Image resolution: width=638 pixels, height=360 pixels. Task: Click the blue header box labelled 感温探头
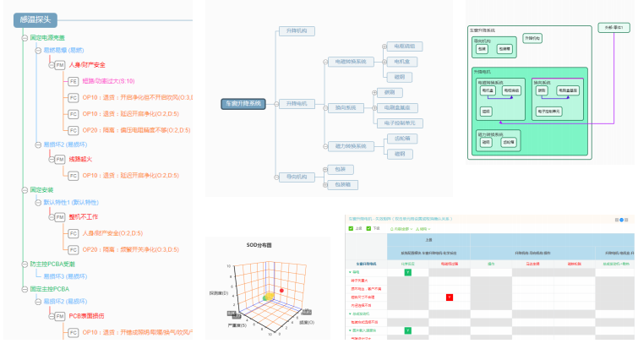35,20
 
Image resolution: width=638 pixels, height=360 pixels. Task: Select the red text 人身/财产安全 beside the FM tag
87,64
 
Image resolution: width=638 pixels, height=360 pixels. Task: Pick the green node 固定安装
41,190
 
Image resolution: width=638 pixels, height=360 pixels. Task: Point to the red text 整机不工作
85,217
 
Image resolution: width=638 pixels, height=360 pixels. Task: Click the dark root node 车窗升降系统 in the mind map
243,104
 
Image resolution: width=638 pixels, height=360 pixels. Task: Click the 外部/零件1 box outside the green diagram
613,28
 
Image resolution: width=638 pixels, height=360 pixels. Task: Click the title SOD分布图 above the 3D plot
259,245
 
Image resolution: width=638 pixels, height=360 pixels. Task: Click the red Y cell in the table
450,297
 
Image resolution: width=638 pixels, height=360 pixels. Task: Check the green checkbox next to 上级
351,229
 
